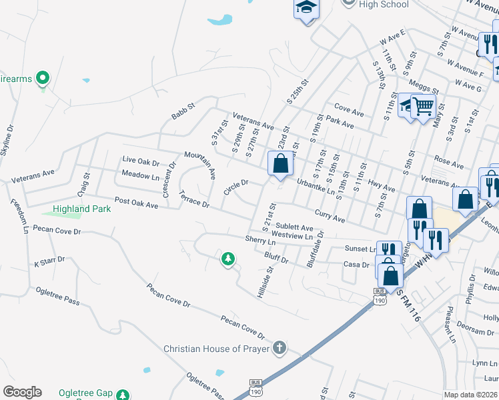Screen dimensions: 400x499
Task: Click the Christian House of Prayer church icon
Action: point(280,348)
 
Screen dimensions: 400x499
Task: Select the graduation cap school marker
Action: point(306,8)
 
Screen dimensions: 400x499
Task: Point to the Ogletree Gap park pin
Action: point(122,395)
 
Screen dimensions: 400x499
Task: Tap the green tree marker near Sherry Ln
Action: point(228,258)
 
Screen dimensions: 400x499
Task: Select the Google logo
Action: point(22,392)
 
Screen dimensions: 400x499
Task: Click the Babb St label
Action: point(182,111)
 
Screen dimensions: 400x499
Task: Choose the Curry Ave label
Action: point(330,217)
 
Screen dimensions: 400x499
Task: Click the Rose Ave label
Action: point(448,162)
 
